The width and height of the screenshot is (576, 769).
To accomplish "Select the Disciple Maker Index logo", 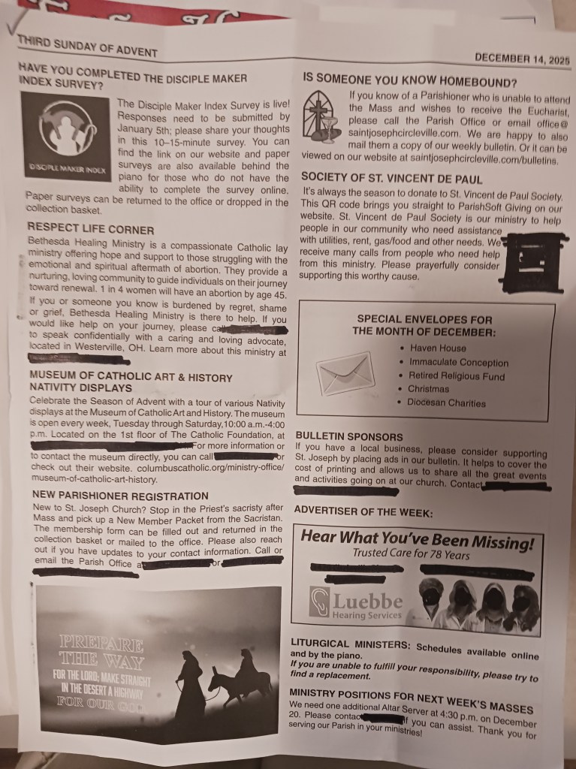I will coord(65,136).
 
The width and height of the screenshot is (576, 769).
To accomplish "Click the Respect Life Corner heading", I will coord(90,230).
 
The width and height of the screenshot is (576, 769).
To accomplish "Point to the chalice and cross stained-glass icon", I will coord(321,117).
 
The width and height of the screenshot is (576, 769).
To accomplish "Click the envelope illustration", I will coord(345,373).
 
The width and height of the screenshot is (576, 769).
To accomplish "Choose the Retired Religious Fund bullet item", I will coord(456,375).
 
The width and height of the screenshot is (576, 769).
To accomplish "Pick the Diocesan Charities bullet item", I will coord(446,403).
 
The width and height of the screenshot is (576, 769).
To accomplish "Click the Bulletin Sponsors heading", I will coord(349,436).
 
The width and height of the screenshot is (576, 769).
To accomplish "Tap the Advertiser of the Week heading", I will coord(363,511).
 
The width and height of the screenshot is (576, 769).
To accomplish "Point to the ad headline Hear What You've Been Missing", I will coord(417,539).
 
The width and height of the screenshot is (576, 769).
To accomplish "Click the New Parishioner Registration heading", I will coord(119,496).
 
